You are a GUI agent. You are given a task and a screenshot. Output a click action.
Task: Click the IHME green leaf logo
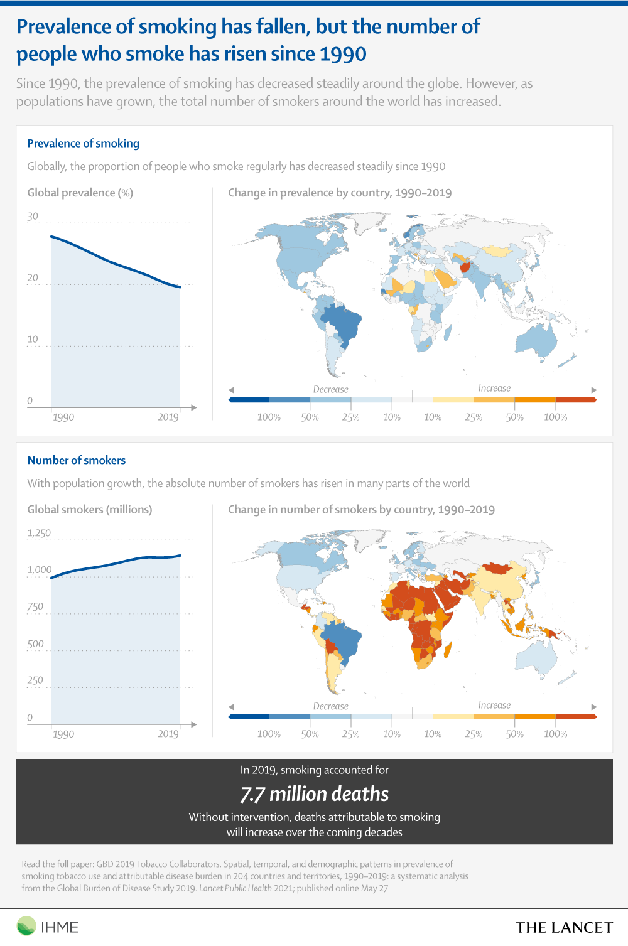[26, 926]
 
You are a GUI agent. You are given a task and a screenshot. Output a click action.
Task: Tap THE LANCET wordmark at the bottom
[564, 927]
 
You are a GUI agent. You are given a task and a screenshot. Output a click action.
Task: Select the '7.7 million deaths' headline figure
[315, 793]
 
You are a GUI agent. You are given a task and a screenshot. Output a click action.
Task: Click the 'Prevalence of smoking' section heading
[84, 144]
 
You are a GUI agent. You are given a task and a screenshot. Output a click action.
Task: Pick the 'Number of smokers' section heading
[77, 460]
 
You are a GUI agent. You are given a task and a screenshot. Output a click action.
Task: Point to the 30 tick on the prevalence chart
[33, 217]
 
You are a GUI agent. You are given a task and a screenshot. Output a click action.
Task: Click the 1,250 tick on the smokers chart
[39, 533]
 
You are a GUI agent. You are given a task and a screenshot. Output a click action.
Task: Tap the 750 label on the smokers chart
[35, 607]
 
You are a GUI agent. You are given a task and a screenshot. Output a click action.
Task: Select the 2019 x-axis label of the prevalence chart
[168, 417]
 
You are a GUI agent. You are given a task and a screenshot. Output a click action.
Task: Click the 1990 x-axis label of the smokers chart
[63, 734]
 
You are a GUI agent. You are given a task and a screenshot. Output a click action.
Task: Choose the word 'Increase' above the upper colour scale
[494, 388]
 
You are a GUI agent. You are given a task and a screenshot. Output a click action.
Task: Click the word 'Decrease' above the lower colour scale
[330, 706]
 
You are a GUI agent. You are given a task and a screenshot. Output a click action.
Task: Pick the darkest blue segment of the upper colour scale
[249, 400]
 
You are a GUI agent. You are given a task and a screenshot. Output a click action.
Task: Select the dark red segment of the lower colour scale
[576, 717]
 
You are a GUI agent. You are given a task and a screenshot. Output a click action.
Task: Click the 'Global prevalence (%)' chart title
[80, 193]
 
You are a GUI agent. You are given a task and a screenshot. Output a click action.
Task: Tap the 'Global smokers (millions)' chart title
[90, 510]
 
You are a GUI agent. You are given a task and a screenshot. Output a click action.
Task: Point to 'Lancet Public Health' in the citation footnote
[235, 888]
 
